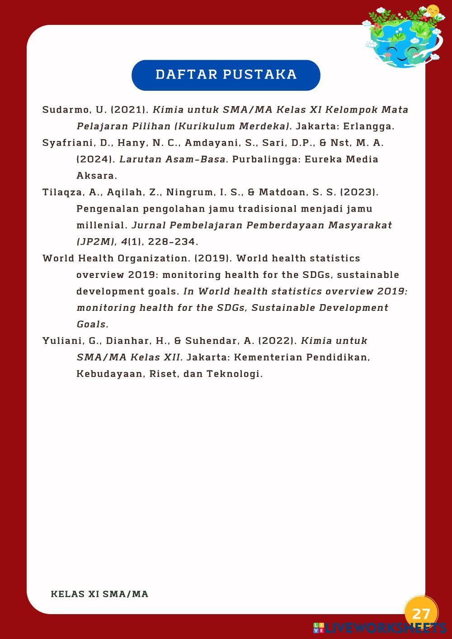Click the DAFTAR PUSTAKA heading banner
click(226, 75)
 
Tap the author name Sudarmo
click(60, 110)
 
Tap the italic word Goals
click(92, 324)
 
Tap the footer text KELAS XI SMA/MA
click(99, 594)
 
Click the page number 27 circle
click(421, 613)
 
